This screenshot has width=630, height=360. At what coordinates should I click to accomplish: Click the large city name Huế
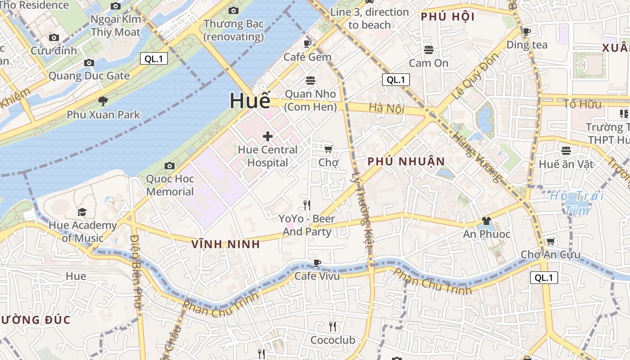(x=250, y=101)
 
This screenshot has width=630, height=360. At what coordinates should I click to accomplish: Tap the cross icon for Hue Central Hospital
(x=268, y=136)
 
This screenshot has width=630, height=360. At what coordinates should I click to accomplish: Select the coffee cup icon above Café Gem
(x=307, y=44)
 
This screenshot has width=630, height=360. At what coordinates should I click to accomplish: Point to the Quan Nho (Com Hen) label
(x=310, y=100)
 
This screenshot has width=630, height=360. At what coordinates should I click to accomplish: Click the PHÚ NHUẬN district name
(x=406, y=162)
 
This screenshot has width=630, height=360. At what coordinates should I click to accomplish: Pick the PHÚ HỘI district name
(x=447, y=17)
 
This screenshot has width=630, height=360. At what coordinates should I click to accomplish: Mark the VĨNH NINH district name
(x=225, y=244)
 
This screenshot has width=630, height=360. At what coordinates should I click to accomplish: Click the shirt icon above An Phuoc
(x=486, y=221)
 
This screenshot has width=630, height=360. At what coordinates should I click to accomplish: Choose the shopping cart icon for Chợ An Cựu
(x=550, y=242)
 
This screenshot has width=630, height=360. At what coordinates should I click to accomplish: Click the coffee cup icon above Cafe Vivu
(x=317, y=263)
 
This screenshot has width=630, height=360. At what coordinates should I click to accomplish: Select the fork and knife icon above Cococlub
(x=333, y=327)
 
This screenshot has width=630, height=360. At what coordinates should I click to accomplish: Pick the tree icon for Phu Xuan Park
(x=103, y=101)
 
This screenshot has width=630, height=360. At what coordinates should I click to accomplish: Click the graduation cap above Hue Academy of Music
(x=82, y=212)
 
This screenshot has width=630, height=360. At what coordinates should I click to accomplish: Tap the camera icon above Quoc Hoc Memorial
(x=170, y=166)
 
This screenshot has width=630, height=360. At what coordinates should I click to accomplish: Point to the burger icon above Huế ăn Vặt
(x=566, y=151)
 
